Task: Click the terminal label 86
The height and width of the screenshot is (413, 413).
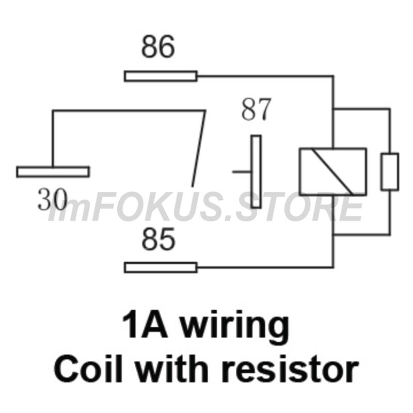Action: coord(158,46)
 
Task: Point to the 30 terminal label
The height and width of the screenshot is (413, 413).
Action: coord(53,199)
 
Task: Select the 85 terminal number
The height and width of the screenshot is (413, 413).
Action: coord(158,239)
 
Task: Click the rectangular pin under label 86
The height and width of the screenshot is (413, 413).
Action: coord(161,76)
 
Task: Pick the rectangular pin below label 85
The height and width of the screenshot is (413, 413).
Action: coord(161,267)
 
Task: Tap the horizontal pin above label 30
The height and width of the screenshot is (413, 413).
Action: coord(53,172)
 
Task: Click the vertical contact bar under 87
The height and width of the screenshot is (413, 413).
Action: coord(256,172)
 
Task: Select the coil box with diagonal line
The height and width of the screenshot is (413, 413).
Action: coord(333,172)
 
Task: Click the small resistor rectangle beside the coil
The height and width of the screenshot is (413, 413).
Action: coord(390,172)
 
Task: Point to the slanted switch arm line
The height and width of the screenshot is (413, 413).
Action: coord(199,149)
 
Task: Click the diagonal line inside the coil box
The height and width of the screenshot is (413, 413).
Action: coord(332,172)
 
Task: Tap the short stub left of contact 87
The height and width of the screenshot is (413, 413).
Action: coord(242,172)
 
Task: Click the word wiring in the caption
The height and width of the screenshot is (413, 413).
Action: coord(235,325)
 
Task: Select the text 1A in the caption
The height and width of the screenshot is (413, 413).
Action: coord(145,324)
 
